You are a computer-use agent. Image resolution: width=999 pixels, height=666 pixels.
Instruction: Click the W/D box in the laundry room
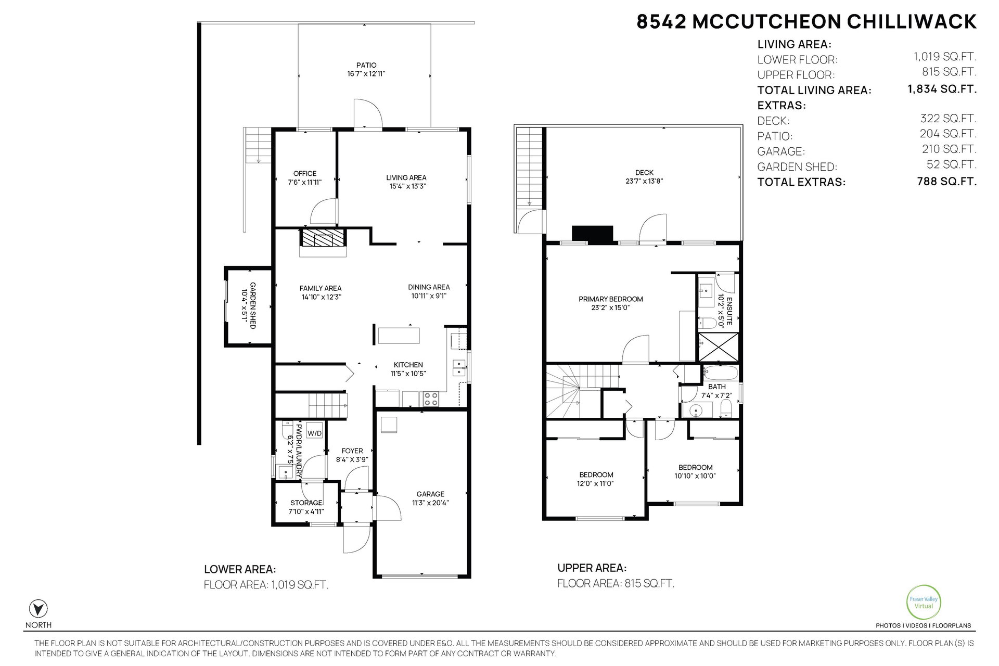[314, 433]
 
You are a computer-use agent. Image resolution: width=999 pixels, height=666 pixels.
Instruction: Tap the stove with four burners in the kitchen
[431, 399]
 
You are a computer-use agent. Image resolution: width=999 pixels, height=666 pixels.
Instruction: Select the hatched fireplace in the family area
[323, 240]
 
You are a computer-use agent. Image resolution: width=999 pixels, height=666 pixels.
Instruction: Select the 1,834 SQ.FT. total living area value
[942, 89]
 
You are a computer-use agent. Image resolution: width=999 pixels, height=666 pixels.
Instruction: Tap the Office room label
[305, 174]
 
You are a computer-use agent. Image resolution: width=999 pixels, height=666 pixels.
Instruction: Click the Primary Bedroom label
[611, 299]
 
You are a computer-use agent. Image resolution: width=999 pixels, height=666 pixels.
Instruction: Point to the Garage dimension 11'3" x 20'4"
[430, 503]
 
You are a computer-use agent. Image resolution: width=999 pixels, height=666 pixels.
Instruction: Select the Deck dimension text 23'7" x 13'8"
[644, 182]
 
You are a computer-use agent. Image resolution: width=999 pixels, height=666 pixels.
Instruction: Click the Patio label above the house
[366, 66]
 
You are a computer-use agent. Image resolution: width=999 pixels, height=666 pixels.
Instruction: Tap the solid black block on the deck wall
[593, 234]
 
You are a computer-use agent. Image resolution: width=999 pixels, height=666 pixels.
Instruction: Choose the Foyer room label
[352, 451]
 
